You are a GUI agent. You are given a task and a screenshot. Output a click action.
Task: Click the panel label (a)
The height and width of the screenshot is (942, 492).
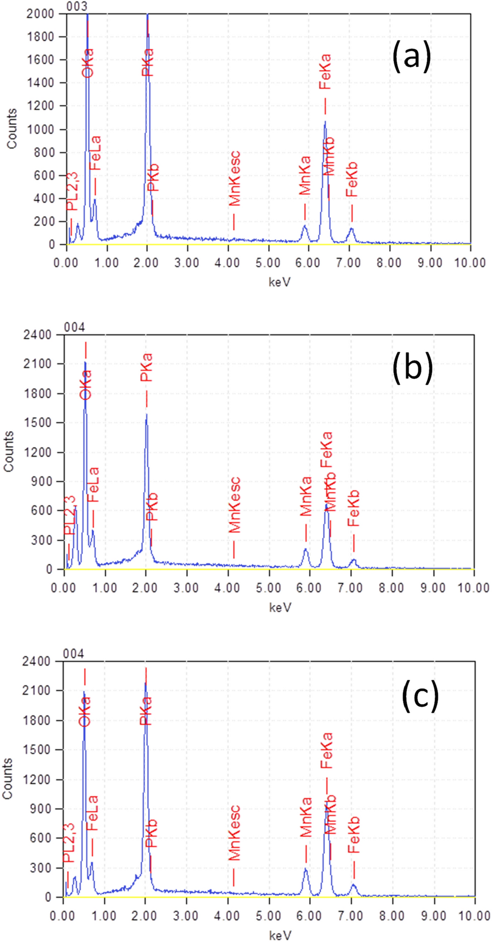[411, 56]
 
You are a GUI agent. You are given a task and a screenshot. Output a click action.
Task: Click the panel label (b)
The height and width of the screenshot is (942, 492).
[412, 367]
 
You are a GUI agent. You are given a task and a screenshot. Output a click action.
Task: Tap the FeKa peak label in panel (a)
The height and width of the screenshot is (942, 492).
[325, 72]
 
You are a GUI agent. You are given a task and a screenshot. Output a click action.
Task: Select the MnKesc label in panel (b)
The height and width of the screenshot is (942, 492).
[234, 505]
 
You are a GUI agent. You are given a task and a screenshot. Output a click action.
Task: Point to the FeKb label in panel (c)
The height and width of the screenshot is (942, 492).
[353, 835]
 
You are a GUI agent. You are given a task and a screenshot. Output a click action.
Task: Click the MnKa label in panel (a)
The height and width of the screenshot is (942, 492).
[305, 175]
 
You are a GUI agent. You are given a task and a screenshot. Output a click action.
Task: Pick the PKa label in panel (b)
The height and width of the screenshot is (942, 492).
[146, 367]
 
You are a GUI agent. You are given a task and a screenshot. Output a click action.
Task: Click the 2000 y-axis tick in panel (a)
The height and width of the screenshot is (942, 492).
[40, 14]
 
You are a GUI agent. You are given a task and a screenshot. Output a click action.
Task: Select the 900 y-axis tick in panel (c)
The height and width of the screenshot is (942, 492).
[40, 809]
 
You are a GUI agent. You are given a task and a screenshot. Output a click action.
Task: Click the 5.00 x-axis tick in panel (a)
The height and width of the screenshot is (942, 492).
[268, 262]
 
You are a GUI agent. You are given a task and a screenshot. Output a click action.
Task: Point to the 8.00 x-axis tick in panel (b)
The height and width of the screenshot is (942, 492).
[392, 588]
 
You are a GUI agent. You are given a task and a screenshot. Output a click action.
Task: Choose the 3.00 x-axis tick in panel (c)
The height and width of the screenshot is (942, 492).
[185, 916]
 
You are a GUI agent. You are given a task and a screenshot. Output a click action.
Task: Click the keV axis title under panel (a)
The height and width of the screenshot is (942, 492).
[280, 282]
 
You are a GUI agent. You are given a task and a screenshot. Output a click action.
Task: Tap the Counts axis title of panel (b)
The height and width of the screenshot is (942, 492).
[9, 451]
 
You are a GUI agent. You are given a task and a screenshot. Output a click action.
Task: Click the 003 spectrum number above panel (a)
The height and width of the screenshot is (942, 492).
[76, 6]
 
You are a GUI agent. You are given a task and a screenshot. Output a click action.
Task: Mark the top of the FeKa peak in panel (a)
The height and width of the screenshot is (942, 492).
[325, 122]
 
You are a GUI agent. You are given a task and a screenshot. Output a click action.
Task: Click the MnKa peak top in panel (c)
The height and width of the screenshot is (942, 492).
[306, 869]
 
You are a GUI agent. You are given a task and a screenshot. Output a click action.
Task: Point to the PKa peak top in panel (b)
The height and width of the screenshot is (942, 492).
[147, 414]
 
